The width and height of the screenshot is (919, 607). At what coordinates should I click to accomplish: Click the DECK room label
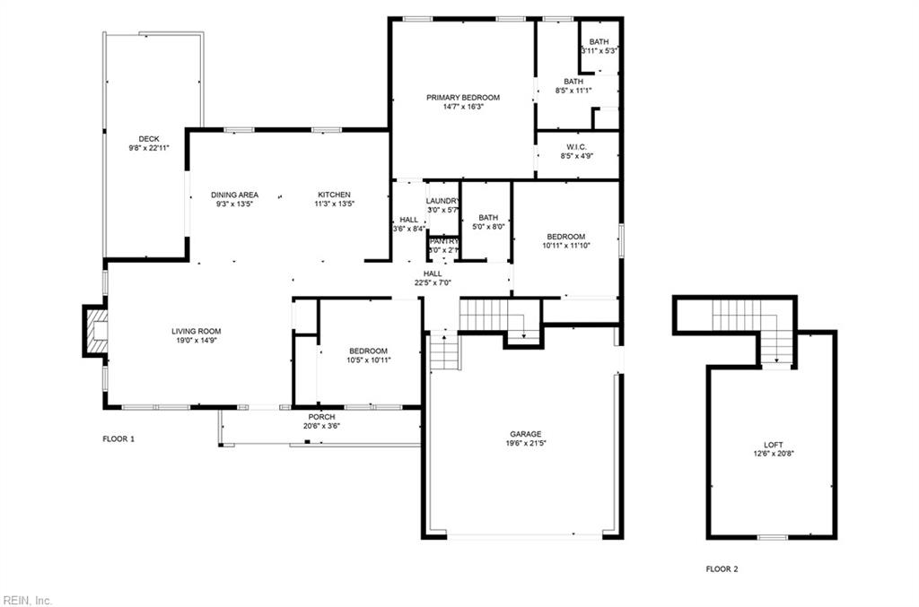pyautogui.click(x=149, y=138)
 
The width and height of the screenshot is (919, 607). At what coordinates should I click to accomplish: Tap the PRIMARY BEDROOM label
pyautogui.click(x=463, y=97)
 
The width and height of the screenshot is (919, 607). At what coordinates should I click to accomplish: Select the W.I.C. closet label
pyautogui.click(x=576, y=147)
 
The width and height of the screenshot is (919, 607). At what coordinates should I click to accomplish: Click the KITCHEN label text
pyautogui.click(x=334, y=195)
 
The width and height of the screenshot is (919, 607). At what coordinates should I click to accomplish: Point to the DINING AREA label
pyautogui.click(x=235, y=195)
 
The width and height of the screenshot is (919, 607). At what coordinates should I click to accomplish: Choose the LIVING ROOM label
pyautogui.click(x=197, y=331)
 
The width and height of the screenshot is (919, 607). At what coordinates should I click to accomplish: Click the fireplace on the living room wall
pyautogui.click(x=94, y=331)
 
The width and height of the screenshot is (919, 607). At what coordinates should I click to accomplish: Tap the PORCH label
pyautogui.click(x=321, y=416)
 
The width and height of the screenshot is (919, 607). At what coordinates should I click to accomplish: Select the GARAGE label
pyautogui.click(x=527, y=433)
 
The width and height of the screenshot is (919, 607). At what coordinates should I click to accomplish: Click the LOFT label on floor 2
pyautogui.click(x=774, y=445)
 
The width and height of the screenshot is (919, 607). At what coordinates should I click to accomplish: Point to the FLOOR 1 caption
pyautogui.click(x=118, y=439)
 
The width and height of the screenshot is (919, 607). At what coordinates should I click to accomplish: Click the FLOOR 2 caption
pyautogui.click(x=722, y=568)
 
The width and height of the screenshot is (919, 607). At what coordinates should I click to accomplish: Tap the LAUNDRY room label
pyautogui.click(x=443, y=201)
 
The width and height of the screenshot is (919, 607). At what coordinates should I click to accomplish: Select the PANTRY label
pyautogui.click(x=444, y=240)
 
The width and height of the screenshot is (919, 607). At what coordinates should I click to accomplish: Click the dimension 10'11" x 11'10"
pyautogui.click(x=566, y=246)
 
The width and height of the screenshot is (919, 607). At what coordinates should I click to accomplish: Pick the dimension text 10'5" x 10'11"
pyautogui.click(x=368, y=360)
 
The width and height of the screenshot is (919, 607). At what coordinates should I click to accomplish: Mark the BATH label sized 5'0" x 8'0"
pyautogui.click(x=488, y=217)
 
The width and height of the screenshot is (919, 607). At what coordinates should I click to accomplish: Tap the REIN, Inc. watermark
pyautogui.click(x=28, y=600)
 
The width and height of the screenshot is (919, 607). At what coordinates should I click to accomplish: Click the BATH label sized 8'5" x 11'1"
pyautogui.click(x=573, y=81)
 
